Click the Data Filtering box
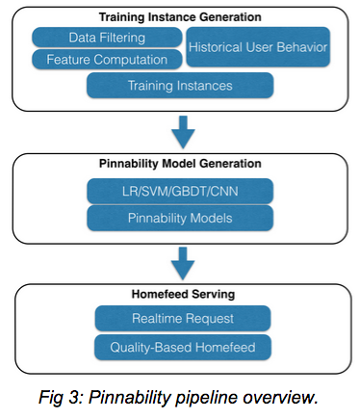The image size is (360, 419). pyautogui.click(x=108, y=38)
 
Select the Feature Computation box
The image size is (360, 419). pyautogui.click(x=108, y=59)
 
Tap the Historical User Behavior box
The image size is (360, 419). pyautogui.click(x=257, y=47)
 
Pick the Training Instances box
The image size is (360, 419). pyautogui.click(x=180, y=86)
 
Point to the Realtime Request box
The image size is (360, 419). pyautogui.click(x=180, y=317)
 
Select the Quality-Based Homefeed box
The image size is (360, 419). pyautogui.click(x=180, y=345)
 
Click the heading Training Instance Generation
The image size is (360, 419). pyautogui.click(x=180, y=16)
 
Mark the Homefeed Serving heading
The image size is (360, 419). pyautogui.click(x=180, y=294)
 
